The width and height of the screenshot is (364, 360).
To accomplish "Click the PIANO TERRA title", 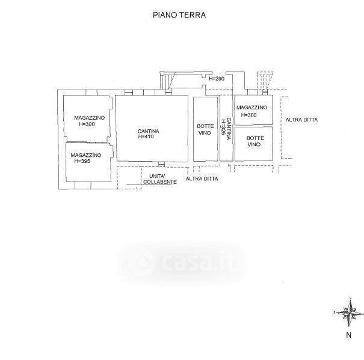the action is point(179,15).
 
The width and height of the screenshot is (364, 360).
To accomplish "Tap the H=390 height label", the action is point(87,124).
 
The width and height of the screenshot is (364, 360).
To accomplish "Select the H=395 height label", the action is point(82,161).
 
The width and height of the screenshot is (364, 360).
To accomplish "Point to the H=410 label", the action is point(146,136).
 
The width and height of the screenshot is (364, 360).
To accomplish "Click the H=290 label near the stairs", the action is point(217,79).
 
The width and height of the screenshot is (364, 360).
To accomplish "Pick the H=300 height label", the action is point(249,115).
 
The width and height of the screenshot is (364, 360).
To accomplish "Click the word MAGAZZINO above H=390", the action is point(90,118).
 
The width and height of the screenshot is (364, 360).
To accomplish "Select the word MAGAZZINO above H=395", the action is point(86,155).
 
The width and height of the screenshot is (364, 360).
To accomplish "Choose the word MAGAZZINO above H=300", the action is point(252,108).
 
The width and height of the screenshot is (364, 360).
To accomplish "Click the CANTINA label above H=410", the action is point(149,131).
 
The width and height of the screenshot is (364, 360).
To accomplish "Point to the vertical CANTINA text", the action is point(229,129).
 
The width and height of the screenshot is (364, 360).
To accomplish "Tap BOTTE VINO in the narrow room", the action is point(205,130).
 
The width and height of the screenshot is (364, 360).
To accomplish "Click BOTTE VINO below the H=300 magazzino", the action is point(255,141).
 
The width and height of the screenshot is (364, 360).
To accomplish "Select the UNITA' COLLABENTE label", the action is point(159,179).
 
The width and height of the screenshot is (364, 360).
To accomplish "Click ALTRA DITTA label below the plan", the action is point(202,179).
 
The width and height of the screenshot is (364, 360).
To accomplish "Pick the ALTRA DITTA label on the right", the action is point(301,120).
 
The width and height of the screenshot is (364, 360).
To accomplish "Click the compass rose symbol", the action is point(349,313).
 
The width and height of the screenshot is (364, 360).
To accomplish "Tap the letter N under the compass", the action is point(349,335).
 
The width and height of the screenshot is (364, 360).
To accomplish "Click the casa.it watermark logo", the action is point(182,263).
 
